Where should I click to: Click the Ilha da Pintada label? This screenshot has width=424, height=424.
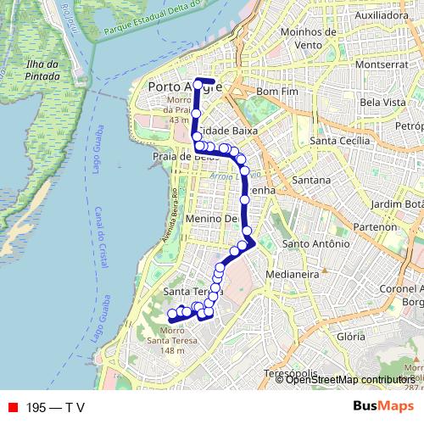(42, 71)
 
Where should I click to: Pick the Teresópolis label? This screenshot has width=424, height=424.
(289, 373)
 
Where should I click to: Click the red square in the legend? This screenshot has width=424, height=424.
(13, 407)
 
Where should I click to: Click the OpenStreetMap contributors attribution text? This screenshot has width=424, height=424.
(349, 380)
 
